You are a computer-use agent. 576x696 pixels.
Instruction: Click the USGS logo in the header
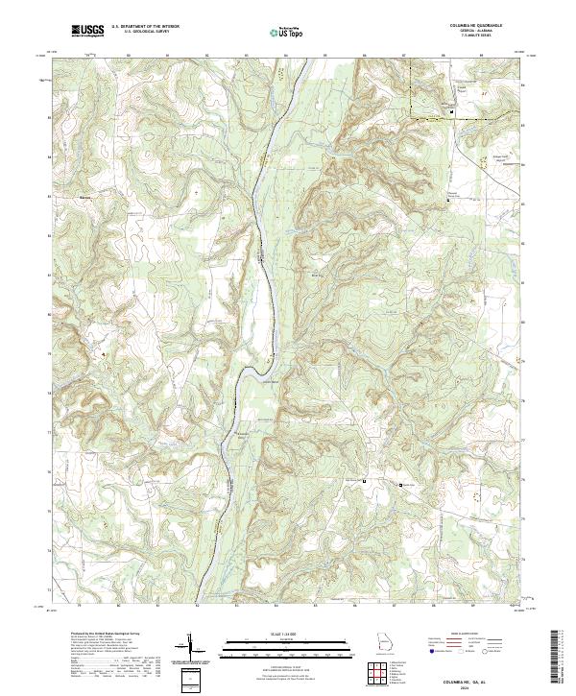pos(87,30)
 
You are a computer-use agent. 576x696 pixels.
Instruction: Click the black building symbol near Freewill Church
pos(452,112)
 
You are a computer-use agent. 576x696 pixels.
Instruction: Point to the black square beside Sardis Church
pos(401,487)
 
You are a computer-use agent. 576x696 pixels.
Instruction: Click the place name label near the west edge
pos(84,198)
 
